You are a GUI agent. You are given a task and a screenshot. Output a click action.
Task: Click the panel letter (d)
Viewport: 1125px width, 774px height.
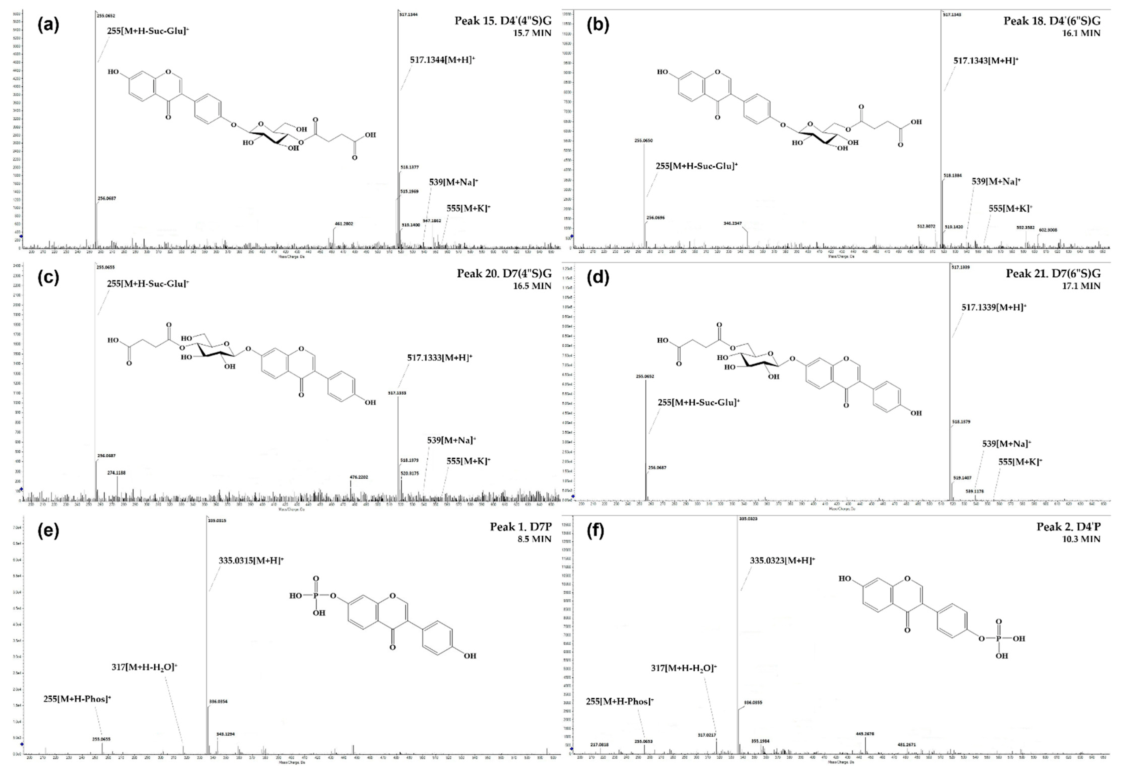pyautogui.click(x=598, y=277)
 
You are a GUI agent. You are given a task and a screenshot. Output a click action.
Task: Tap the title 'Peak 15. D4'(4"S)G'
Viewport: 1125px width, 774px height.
pyautogui.click(x=503, y=21)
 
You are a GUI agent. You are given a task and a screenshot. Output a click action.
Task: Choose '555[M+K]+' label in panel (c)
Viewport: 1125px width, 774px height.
pyautogui.click(x=468, y=461)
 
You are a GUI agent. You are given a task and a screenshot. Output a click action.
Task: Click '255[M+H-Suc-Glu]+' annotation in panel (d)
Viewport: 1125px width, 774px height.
pyautogui.click(x=698, y=402)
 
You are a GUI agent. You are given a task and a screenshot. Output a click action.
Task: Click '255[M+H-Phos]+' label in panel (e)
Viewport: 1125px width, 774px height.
pyautogui.click(x=77, y=699)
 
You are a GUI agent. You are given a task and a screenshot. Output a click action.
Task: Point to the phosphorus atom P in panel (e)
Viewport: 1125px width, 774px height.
pyautogui.click(x=316, y=596)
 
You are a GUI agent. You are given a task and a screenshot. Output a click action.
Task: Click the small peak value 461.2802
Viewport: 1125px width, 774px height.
pyautogui.click(x=344, y=224)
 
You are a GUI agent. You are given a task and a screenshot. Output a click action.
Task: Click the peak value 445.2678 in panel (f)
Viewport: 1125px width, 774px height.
pyautogui.click(x=865, y=734)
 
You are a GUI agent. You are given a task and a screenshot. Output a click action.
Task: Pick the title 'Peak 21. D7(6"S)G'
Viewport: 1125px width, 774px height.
pyautogui.click(x=1053, y=274)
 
